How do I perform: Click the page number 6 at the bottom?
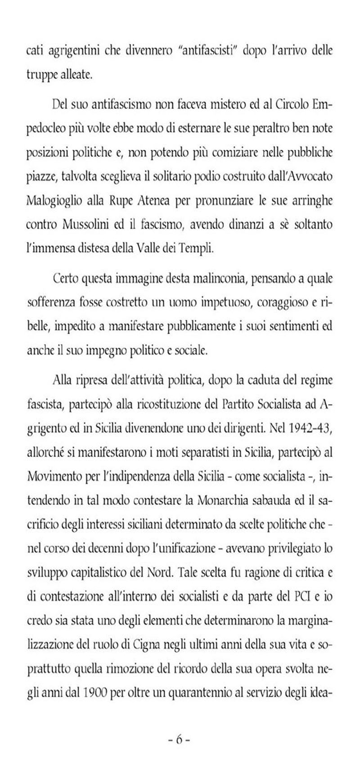(180, 739)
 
